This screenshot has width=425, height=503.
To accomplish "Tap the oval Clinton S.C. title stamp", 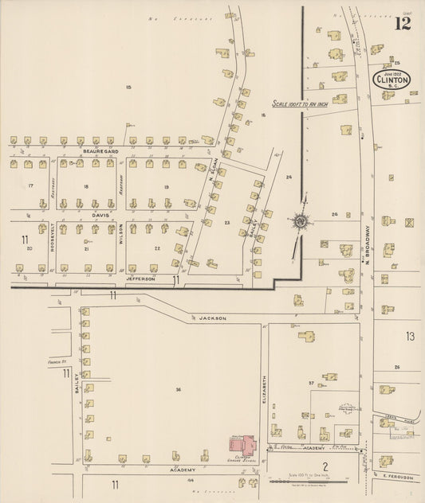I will point(392,80).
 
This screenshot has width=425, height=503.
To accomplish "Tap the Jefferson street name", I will point(144,279).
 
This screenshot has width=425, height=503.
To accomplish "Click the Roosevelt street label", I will point(53,238).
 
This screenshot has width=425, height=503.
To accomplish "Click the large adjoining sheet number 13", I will point(410,337).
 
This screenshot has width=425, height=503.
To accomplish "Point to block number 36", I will point(179,389).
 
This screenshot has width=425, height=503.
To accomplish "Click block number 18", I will point(85,186).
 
